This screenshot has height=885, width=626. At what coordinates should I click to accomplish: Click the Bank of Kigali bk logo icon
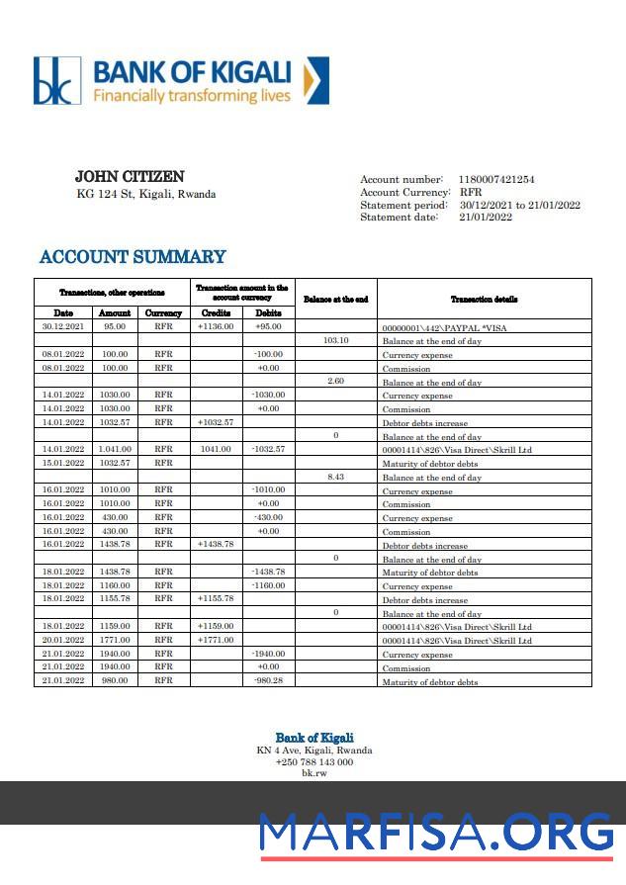56,81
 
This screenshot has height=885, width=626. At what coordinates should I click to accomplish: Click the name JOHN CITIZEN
130,177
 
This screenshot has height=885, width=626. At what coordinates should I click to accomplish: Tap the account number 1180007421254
495,179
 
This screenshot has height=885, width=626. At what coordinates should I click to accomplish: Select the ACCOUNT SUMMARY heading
133,257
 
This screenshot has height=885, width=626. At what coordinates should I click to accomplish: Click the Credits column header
216,312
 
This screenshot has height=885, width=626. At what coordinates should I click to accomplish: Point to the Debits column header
268,312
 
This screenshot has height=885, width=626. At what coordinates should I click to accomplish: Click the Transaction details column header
484,299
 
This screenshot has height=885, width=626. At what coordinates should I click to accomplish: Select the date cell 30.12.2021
63,325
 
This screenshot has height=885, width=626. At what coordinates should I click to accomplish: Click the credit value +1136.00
216,325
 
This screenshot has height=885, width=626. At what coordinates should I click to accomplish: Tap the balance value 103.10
336,340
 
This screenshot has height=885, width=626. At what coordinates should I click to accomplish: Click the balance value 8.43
336,477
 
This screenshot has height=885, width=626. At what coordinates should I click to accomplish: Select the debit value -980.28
268,680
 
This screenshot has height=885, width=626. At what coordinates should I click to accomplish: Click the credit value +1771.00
216,640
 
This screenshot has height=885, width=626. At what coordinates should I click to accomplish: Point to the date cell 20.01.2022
63,640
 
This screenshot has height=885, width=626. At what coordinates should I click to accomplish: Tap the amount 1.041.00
115,449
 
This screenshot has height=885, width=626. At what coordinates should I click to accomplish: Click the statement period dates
519,205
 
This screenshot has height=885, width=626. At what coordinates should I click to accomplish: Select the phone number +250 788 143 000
313,761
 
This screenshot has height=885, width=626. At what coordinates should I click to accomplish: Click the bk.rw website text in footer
313,772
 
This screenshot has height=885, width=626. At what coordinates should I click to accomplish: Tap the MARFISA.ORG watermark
436,833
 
